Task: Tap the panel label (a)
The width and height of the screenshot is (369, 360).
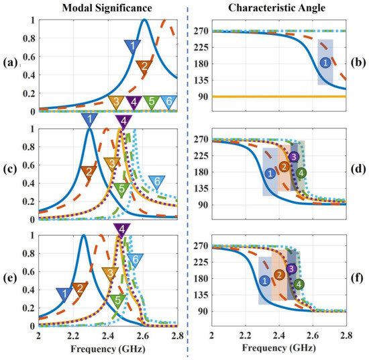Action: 11,62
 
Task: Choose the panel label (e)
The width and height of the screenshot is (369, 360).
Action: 11,279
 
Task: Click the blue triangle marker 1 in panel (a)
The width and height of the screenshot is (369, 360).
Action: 133,46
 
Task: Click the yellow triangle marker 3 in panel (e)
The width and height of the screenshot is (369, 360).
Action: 108,273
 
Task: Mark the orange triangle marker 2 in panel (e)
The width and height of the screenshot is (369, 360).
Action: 80,289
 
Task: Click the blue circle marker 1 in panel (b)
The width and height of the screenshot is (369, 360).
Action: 325,62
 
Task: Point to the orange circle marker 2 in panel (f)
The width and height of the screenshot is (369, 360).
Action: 279,274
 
